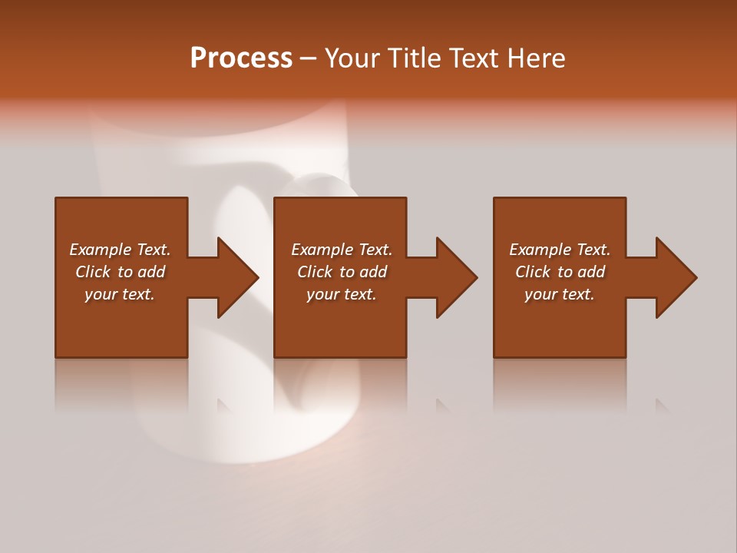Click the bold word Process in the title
click(241, 58)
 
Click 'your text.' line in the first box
click(120, 294)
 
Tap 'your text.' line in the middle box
click(341, 294)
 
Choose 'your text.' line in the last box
click(559, 294)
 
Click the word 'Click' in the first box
click(93, 272)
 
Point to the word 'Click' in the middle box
click(315, 272)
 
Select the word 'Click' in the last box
click(533, 272)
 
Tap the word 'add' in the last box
click(591, 272)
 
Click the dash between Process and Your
click(308, 58)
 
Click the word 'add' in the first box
click(151, 272)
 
